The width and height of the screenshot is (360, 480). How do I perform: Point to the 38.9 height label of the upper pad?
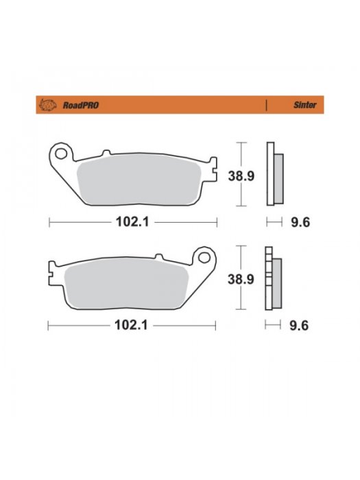(x=241, y=176)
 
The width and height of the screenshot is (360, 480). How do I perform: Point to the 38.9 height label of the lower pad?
(x=241, y=279)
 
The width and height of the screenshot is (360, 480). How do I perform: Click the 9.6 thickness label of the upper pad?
(x=300, y=222)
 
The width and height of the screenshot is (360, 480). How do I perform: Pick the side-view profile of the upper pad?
(x=274, y=173)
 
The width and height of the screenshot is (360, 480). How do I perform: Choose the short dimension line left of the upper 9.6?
(x=274, y=221)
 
